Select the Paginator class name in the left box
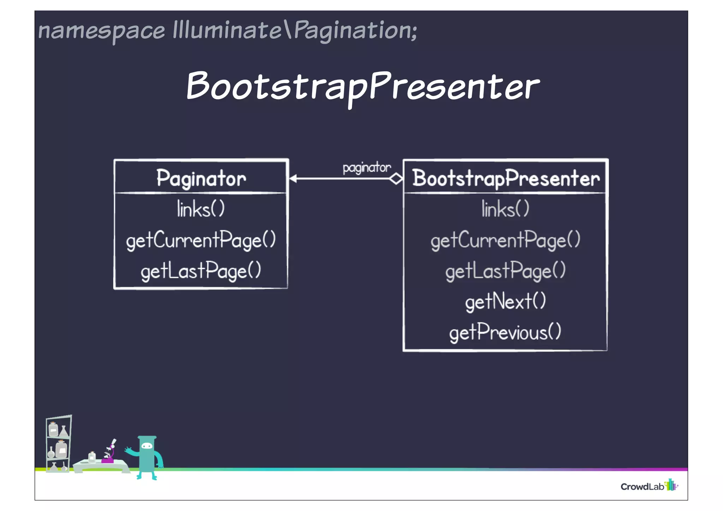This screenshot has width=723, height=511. point(201,178)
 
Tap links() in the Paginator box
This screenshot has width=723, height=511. point(201,209)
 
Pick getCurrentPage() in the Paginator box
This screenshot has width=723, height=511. point(201,240)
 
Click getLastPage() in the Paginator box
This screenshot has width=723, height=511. point(201,271)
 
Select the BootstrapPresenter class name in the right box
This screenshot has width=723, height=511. point(506,178)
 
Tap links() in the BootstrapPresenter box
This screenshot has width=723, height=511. point(505,209)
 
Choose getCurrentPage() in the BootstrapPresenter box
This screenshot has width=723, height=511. point(505,240)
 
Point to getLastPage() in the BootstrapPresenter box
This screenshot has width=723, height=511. point(505,271)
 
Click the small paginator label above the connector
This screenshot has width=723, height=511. point(366,168)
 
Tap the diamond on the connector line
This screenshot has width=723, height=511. point(396,179)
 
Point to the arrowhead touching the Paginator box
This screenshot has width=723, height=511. point(293,179)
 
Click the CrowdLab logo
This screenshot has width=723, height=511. point(649,486)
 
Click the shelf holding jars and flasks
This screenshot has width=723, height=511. point(59,443)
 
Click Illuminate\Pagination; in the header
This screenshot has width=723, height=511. point(295,30)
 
